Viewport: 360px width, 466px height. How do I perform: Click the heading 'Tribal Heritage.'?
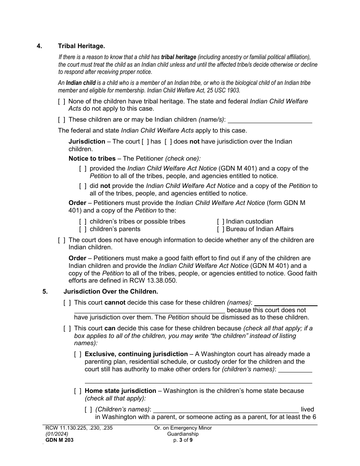pos(81,46)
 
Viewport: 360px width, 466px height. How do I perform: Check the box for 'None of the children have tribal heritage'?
pos(61,102)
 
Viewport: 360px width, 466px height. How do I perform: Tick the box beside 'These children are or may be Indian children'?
pos(61,120)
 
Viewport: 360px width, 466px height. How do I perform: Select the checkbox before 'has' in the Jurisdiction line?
pos(145,142)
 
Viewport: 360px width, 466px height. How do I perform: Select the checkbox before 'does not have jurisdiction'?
pos(168,142)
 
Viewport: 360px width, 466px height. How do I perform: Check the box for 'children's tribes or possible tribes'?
pos(83,222)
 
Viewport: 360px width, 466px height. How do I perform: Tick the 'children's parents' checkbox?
pos(83,229)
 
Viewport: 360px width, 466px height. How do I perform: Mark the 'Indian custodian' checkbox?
pos(220,222)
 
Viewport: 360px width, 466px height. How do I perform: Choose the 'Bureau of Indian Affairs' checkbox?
pos(220,229)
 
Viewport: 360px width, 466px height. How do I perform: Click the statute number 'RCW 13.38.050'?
pos(155,281)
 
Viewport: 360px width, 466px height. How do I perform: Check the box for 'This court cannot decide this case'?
pos(67,303)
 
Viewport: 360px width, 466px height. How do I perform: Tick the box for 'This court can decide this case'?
pos(67,328)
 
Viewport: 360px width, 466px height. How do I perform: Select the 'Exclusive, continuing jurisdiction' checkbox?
pos(77,354)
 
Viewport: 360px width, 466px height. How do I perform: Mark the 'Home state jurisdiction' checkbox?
pos(77,391)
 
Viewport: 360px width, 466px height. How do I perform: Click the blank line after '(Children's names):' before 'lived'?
pos(225,410)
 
